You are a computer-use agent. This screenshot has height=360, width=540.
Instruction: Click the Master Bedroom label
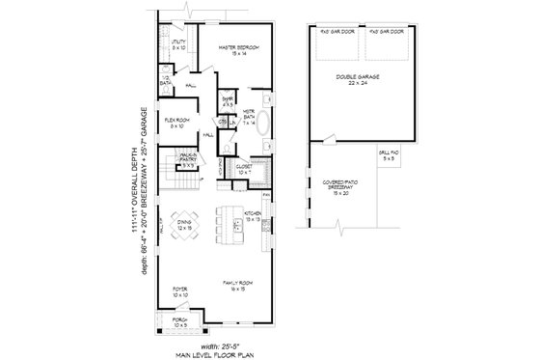click(238, 50)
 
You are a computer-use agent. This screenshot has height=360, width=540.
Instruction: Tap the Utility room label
click(178, 43)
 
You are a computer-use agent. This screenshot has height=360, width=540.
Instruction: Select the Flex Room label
click(177, 124)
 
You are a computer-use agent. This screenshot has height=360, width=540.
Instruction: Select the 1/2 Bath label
click(166, 82)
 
